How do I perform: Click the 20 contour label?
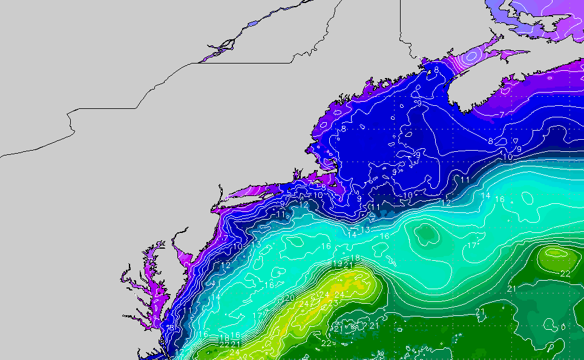coord(290,298)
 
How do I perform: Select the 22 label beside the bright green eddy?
coord(565,274)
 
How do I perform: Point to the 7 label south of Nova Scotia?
coord(502,114)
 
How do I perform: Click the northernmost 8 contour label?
coord(436,70)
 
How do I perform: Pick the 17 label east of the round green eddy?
coord(471,246)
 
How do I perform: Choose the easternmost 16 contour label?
coord(500,199)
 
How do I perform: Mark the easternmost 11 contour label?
coord(465,180)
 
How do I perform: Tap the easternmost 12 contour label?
coord(446,203)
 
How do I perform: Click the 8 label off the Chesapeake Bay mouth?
coord(171,328)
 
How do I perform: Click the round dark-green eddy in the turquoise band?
coord(427,233)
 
